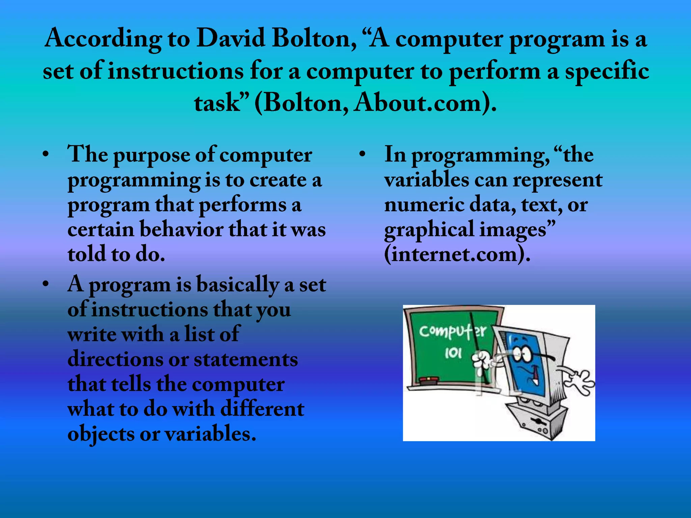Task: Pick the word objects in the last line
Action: (x=101, y=434)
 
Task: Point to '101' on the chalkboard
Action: (x=453, y=353)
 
